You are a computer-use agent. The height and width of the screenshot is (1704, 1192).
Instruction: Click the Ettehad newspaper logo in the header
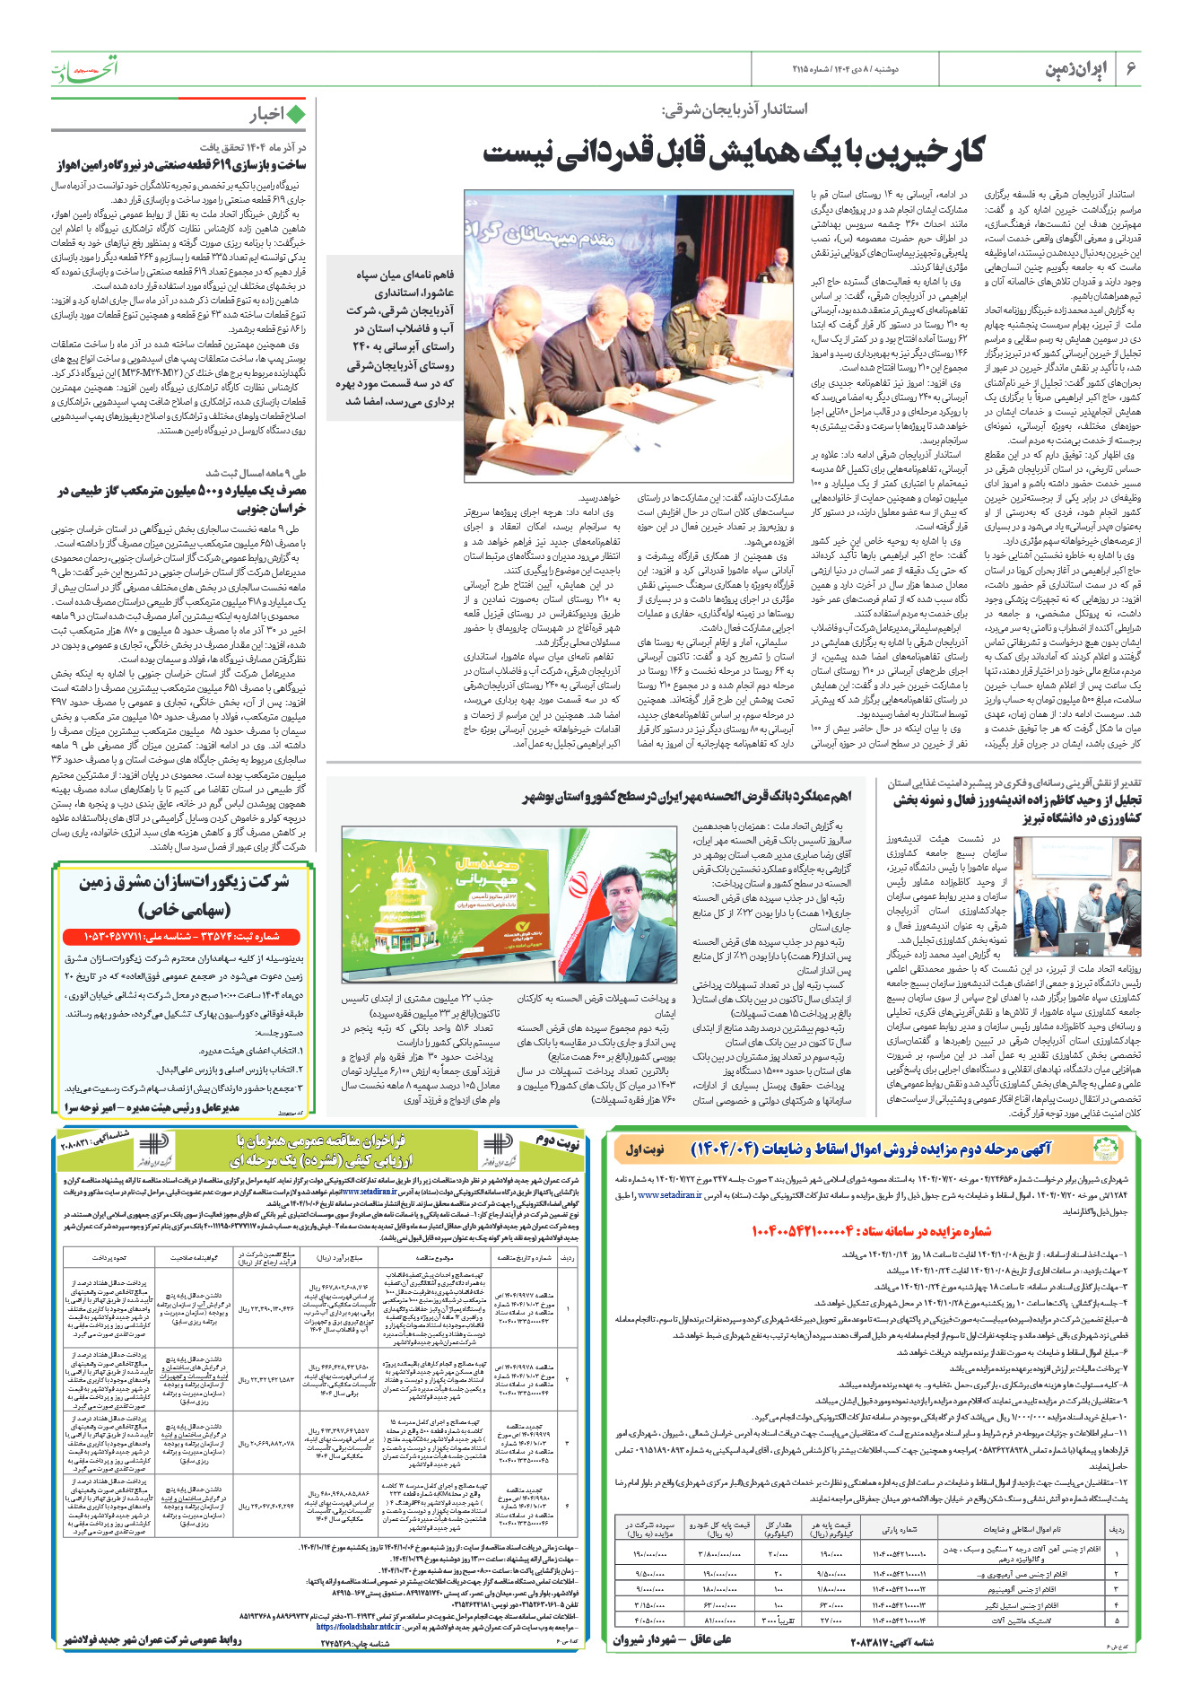pos(83,68)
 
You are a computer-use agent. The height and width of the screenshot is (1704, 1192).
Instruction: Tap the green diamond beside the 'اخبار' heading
pos(294,114)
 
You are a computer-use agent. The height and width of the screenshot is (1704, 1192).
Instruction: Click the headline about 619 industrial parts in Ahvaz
pos(179,165)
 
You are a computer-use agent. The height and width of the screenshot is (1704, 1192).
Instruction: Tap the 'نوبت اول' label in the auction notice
pos(645,1149)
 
